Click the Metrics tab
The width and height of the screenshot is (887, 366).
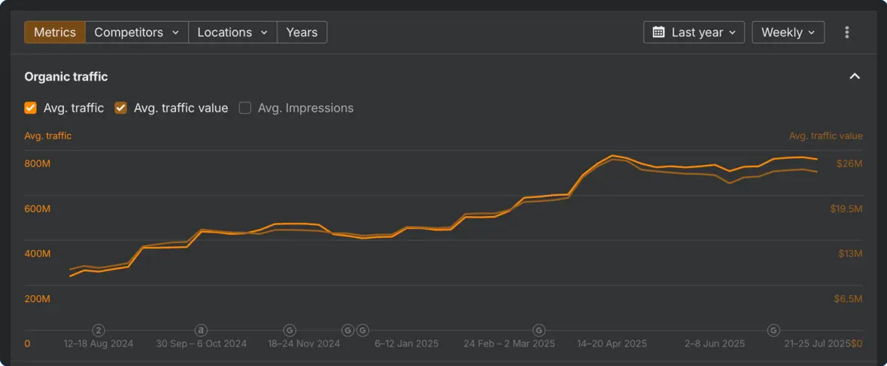[55, 32]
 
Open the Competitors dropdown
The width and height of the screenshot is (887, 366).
[136, 32]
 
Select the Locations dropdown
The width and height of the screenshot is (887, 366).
[232, 32]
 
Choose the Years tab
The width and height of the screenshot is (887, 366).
[302, 32]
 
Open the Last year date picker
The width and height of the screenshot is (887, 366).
[694, 32]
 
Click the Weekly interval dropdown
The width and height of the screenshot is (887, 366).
[788, 32]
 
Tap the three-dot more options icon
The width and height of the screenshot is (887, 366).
[847, 32]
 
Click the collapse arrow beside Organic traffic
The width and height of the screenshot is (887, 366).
[855, 76]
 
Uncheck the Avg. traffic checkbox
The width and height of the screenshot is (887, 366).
[31, 108]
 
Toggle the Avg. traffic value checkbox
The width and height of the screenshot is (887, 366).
[121, 108]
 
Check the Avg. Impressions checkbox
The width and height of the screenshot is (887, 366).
[245, 108]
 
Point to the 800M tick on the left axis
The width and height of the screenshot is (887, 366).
[38, 163]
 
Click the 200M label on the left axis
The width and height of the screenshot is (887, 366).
[38, 299]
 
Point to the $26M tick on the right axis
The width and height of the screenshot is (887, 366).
[849, 163]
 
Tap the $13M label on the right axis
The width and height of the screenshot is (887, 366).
[850, 254]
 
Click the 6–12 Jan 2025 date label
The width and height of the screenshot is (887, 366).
[406, 343]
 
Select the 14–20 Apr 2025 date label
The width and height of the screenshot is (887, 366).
[612, 343]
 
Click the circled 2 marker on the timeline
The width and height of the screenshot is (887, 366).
[99, 330]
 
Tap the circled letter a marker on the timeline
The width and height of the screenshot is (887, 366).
[201, 330]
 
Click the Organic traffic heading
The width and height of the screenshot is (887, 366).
[66, 76]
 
